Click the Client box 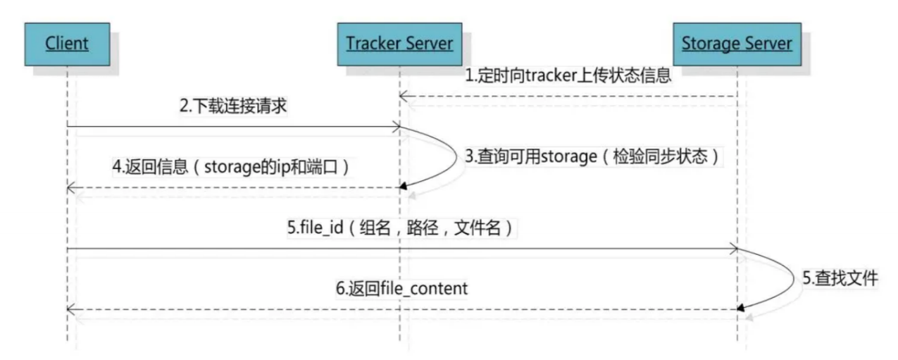[67, 44]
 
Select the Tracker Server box [399, 44]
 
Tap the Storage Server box [736, 44]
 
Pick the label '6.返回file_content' [401, 289]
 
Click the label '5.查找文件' [840, 278]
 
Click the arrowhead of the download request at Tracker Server [397, 128]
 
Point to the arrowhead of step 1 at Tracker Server [403, 96]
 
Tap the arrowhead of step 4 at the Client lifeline [70, 187]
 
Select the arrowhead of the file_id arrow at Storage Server [734, 249]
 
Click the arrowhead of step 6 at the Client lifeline [70, 309]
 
